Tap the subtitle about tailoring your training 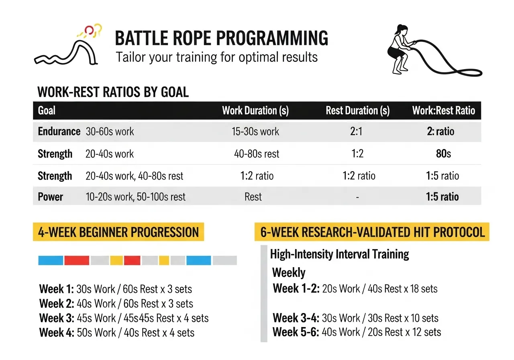(216, 57)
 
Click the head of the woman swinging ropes (402, 30)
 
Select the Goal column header (47, 110)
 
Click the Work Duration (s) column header (255, 110)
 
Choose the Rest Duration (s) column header (357, 110)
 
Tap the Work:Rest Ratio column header (443, 110)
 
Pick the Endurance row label (59, 131)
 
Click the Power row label (50, 197)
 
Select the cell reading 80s (443, 153)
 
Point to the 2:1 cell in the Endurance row (357, 131)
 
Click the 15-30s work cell (256, 131)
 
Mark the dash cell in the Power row (357, 197)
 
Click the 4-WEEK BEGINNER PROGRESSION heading (118, 232)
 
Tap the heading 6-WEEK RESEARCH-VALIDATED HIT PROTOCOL (372, 232)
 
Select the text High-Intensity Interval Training (339, 254)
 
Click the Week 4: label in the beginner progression (56, 333)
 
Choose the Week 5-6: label (296, 332)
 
